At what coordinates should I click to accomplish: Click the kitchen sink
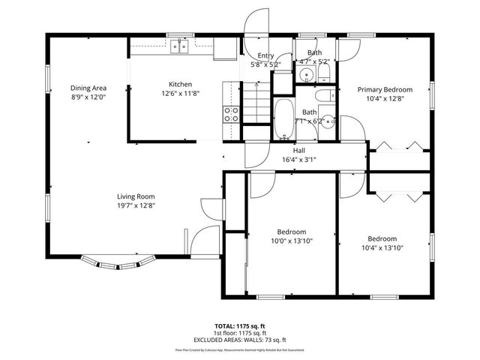click(179, 48)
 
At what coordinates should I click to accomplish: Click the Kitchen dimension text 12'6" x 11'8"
click(179, 94)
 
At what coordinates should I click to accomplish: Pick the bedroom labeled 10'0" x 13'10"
click(290, 237)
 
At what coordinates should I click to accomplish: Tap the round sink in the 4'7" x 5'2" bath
click(305, 76)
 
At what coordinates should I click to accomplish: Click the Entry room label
click(265, 55)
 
